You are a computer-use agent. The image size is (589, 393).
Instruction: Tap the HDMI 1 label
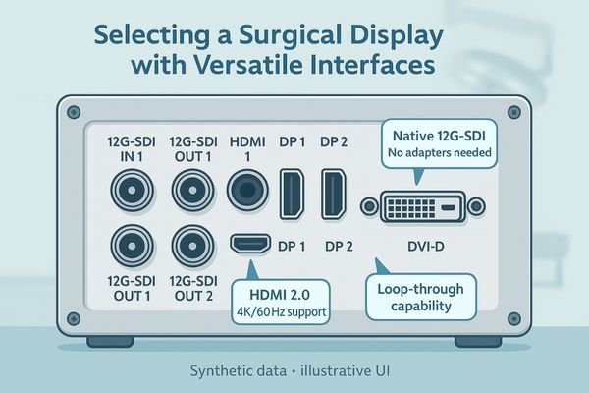[x=247, y=148]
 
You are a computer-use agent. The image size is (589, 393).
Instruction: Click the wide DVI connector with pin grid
[x=422, y=207]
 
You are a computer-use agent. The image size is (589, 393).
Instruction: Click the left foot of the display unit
[x=109, y=342]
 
